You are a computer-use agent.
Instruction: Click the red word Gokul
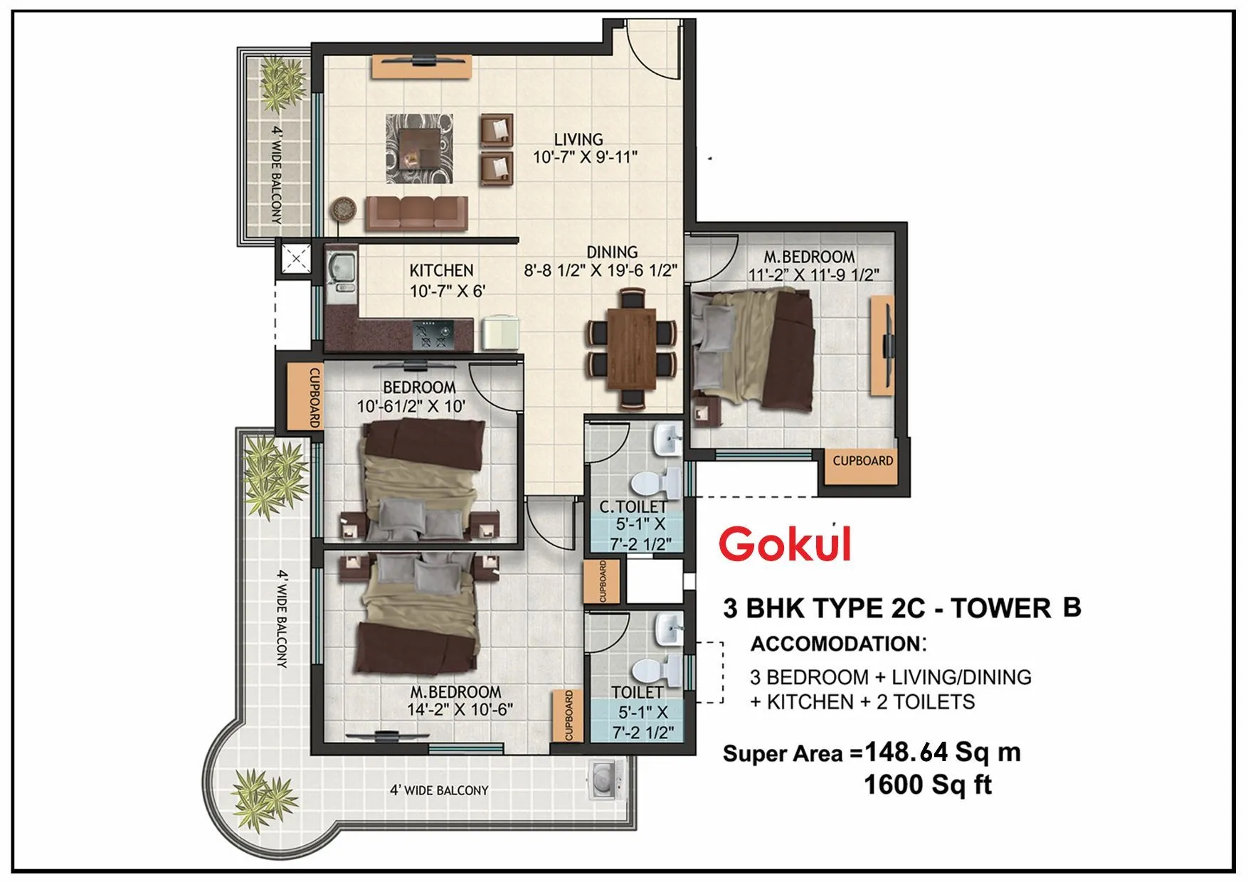tap(785, 545)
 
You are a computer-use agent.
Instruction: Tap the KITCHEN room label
tap(441, 271)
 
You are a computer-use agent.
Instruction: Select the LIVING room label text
tap(578, 139)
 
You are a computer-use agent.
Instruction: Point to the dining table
tap(631, 348)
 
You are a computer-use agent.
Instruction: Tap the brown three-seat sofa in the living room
tap(416, 213)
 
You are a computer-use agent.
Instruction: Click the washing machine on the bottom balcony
tap(606, 780)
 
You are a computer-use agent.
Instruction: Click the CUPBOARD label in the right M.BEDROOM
tap(862, 461)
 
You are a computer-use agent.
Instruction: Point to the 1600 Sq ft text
tap(927, 785)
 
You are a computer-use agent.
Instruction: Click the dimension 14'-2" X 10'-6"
tap(460, 709)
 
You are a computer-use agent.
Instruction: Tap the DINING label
tap(612, 252)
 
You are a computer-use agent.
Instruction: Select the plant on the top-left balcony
tap(282, 81)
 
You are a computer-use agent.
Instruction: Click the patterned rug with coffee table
tap(419, 148)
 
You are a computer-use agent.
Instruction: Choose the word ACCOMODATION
tap(836, 644)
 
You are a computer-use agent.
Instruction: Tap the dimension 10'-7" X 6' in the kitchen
tap(447, 291)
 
